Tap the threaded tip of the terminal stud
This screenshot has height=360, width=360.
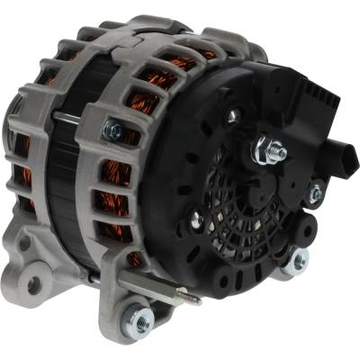click(x=282, y=153)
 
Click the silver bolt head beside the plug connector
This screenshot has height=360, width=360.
click(x=315, y=193)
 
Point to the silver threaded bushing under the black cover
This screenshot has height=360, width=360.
click(x=294, y=260)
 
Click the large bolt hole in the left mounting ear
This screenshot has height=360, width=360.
click(x=34, y=284)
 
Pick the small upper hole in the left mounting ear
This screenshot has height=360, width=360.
click(x=24, y=245)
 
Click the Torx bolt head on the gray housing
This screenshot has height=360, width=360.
click(x=112, y=131)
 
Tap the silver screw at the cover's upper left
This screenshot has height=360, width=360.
click(x=232, y=115)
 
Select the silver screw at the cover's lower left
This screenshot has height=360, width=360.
click(x=196, y=217)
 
